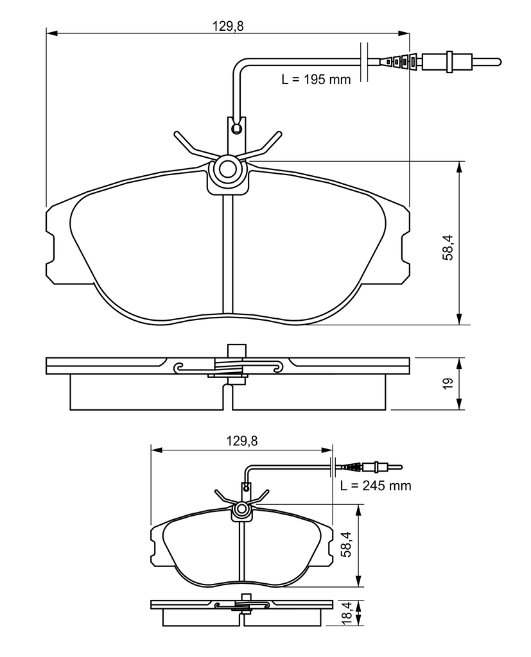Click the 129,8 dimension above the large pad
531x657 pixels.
pyautogui.click(x=228, y=26)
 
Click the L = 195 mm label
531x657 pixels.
pyautogui.click(x=316, y=79)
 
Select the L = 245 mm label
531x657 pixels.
pyautogui.click(x=376, y=486)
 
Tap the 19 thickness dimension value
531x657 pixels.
pyautogui.click(x=448, y=384)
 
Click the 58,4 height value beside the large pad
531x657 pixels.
pyautogui.click(x=448, y=248)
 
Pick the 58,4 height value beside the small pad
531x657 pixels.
pyautogui.click(x=346, y=545)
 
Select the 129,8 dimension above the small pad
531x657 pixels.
pyautogui.click(x=242, y=441)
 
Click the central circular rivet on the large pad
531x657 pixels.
pyautogui.click(x=229, y=169)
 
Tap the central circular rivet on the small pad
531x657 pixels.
pyautogui.click(x=242, y=509)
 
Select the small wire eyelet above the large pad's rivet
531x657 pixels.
pyautogui.click(x=237, y=128)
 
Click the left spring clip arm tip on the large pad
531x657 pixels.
pyautogui.click(x=177, y=134)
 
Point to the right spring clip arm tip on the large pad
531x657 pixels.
pyautogui.click(x=279, y=134)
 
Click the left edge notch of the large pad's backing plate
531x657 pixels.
pyautogui.click(x=50, y=250)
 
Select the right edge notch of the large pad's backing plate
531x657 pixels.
pyautogui.click(x=406, y=250)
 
